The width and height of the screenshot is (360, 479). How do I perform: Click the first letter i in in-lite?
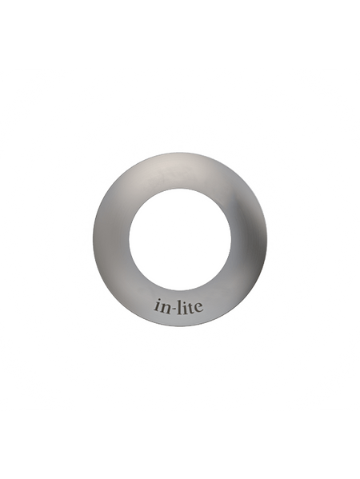coord(157,307)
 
